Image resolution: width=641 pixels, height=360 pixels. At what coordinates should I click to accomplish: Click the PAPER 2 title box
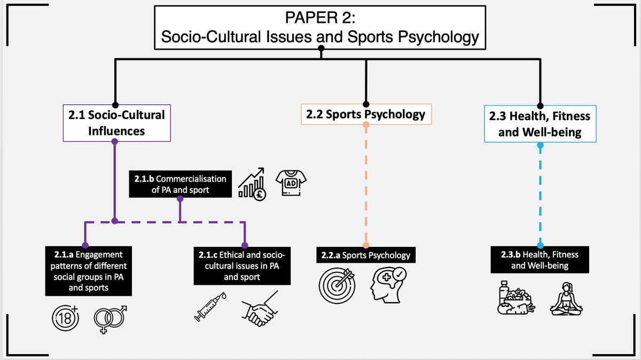coord(320,27)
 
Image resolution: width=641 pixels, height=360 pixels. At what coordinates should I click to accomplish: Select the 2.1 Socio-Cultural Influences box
coord(117,123)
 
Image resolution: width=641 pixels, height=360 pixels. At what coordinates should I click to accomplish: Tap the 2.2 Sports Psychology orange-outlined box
coord(366,114)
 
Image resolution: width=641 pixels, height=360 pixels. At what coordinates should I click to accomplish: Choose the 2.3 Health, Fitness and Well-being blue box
coord(540,123)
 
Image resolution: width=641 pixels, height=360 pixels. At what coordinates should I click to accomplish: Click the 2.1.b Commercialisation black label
coord(181,184)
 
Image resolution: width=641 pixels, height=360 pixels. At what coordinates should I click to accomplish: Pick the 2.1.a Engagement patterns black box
coord(89,271)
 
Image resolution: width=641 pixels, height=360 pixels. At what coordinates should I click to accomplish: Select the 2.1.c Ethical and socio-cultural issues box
coord(242,266)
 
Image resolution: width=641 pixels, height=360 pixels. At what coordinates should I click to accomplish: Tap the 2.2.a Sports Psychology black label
coord(366,255)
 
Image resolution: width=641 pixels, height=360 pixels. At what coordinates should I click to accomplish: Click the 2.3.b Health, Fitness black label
coord(540,260)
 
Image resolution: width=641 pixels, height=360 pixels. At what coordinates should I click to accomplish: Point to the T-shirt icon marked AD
coord(291,183)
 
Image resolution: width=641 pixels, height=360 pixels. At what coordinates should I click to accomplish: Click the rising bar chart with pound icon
coord(252,184)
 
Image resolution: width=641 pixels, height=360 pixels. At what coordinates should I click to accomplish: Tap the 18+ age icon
coord(65,318)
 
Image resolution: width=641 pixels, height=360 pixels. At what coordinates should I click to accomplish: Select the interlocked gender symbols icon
coord(110,319)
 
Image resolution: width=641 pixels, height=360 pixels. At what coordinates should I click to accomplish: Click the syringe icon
coord(210,307)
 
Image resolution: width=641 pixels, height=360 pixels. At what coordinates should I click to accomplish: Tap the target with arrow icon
coord(337,286)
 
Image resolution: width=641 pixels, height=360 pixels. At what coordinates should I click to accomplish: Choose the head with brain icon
coord(388,285)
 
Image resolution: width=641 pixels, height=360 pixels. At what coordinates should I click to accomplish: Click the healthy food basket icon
coord(516,298)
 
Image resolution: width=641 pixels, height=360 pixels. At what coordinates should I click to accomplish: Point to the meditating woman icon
coord(566,299)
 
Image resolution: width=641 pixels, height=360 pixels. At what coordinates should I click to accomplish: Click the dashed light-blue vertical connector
coord(540,195)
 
